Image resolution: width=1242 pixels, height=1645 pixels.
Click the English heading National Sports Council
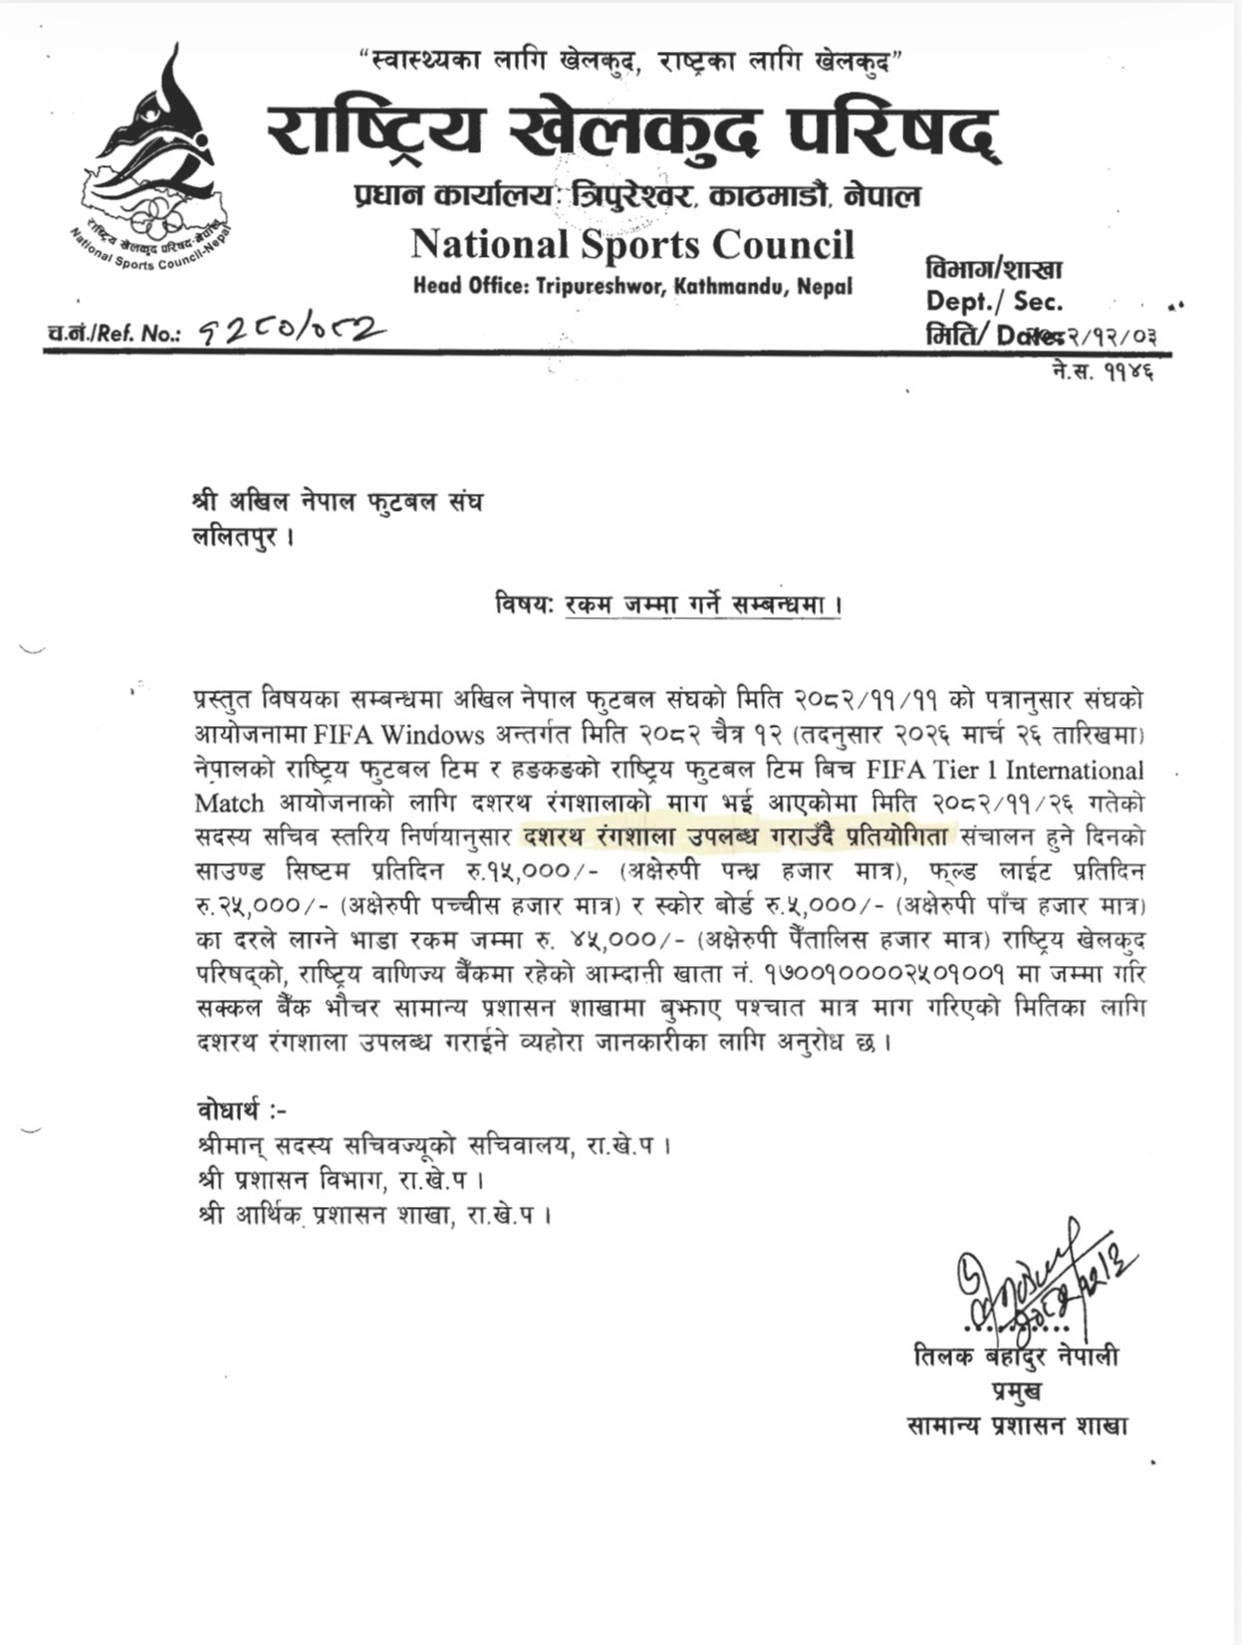click(x=632, y=245)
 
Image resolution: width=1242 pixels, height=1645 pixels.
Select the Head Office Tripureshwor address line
click(x=632, y=287)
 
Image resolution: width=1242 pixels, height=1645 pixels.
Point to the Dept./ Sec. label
click(x=993, y=302)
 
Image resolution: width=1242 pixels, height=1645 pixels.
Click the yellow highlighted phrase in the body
click(x=737, y=837)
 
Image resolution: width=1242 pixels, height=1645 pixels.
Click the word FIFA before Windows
click(x=344, y=736)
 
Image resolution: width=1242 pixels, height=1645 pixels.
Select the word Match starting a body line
click(x=229, y=804)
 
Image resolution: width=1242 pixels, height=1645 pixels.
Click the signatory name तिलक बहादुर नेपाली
click(x=1016, y=1357)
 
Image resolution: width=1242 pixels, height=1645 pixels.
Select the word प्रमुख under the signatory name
click(x=1016, y=1391)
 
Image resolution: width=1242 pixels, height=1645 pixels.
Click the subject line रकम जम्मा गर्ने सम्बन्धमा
click(x=702, y=604)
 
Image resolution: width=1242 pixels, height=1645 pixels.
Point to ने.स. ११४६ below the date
click(x=1101, y=372)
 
